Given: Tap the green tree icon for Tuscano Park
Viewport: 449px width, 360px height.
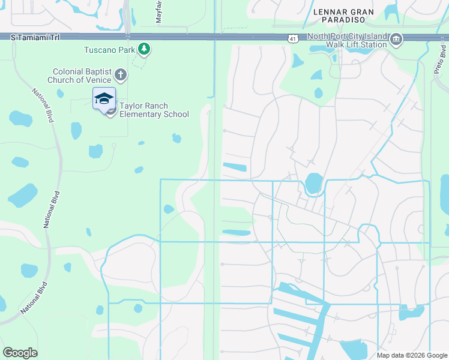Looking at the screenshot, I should tap(143, 49).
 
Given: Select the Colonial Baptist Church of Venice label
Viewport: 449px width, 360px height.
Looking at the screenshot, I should tap(82, 75).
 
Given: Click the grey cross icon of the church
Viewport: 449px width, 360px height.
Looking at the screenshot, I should tap(121, 75).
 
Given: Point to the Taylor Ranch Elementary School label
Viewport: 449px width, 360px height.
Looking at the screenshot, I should tap(154, 110).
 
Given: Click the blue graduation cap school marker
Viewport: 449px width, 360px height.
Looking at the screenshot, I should tap(104, 98).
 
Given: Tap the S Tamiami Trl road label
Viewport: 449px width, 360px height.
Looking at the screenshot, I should tap(35, 37).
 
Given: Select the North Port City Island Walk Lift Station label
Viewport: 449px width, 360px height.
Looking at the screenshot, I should tap(345, 40).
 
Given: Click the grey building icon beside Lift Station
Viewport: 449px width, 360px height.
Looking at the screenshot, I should tap(396, 40).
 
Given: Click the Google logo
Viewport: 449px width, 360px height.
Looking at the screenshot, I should tap(20, 353).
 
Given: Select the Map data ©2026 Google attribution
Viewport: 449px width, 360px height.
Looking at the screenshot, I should tap(411, 355).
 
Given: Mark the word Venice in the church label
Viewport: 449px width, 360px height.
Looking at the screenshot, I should tap(99, 80).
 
